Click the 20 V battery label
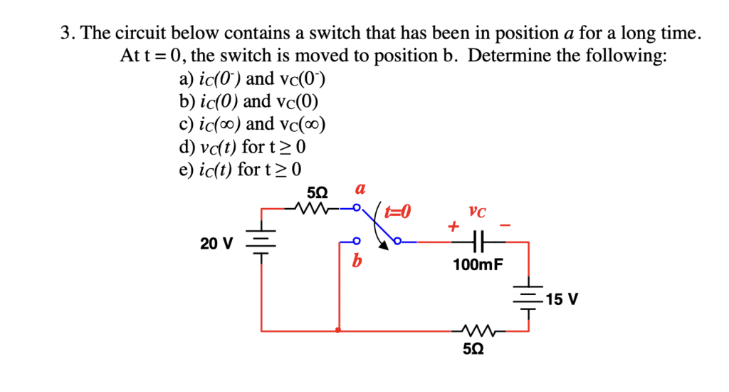pos(216,244)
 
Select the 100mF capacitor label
pos(478,265)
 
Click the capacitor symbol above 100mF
pos(478,242)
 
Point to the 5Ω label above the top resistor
pos(318,192)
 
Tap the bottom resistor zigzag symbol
pos(478,331)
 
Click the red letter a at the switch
pos(360,189)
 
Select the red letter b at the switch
pos(357,261)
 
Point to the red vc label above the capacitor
pos(478,211)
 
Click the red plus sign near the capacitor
pos(451,227)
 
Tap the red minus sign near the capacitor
pos(505,225)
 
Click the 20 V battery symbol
pos(261,242)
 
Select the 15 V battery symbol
pos(529,299)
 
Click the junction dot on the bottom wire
pos(337,331)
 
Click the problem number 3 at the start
pos(65,33)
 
